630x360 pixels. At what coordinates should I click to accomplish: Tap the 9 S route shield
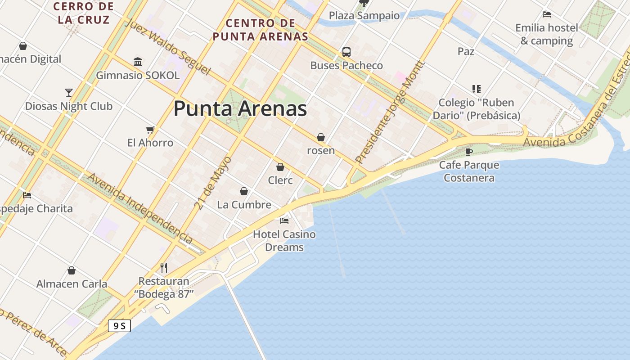coord(119,326)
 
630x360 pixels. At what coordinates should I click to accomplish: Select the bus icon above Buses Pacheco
coord(346,52)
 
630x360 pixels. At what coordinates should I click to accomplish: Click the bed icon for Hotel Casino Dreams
coord(284,221)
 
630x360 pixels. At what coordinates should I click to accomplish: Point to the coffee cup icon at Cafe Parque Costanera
coord(469,152)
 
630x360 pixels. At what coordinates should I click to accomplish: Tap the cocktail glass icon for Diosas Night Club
coord(68,93)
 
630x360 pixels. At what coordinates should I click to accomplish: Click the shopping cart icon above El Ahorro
coord(150,130)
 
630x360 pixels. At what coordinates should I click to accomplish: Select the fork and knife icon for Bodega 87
coord(164,268)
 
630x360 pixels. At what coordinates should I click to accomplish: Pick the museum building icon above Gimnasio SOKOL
coord(138,62)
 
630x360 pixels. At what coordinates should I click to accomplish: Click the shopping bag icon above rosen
coord(321,137)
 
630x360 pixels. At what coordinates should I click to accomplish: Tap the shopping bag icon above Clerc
coord(280,167)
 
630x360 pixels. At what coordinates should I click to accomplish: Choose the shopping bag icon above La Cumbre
coord(244,192)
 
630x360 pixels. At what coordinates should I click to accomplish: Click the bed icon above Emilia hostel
coord(547,14)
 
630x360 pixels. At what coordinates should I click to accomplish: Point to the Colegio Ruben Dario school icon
coord(476,89)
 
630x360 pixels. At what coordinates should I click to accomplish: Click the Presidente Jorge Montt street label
coord(390,112)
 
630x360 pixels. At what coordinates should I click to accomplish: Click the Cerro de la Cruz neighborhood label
coord(84,13)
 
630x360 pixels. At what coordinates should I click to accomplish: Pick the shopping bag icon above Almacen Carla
coord(71,271)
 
